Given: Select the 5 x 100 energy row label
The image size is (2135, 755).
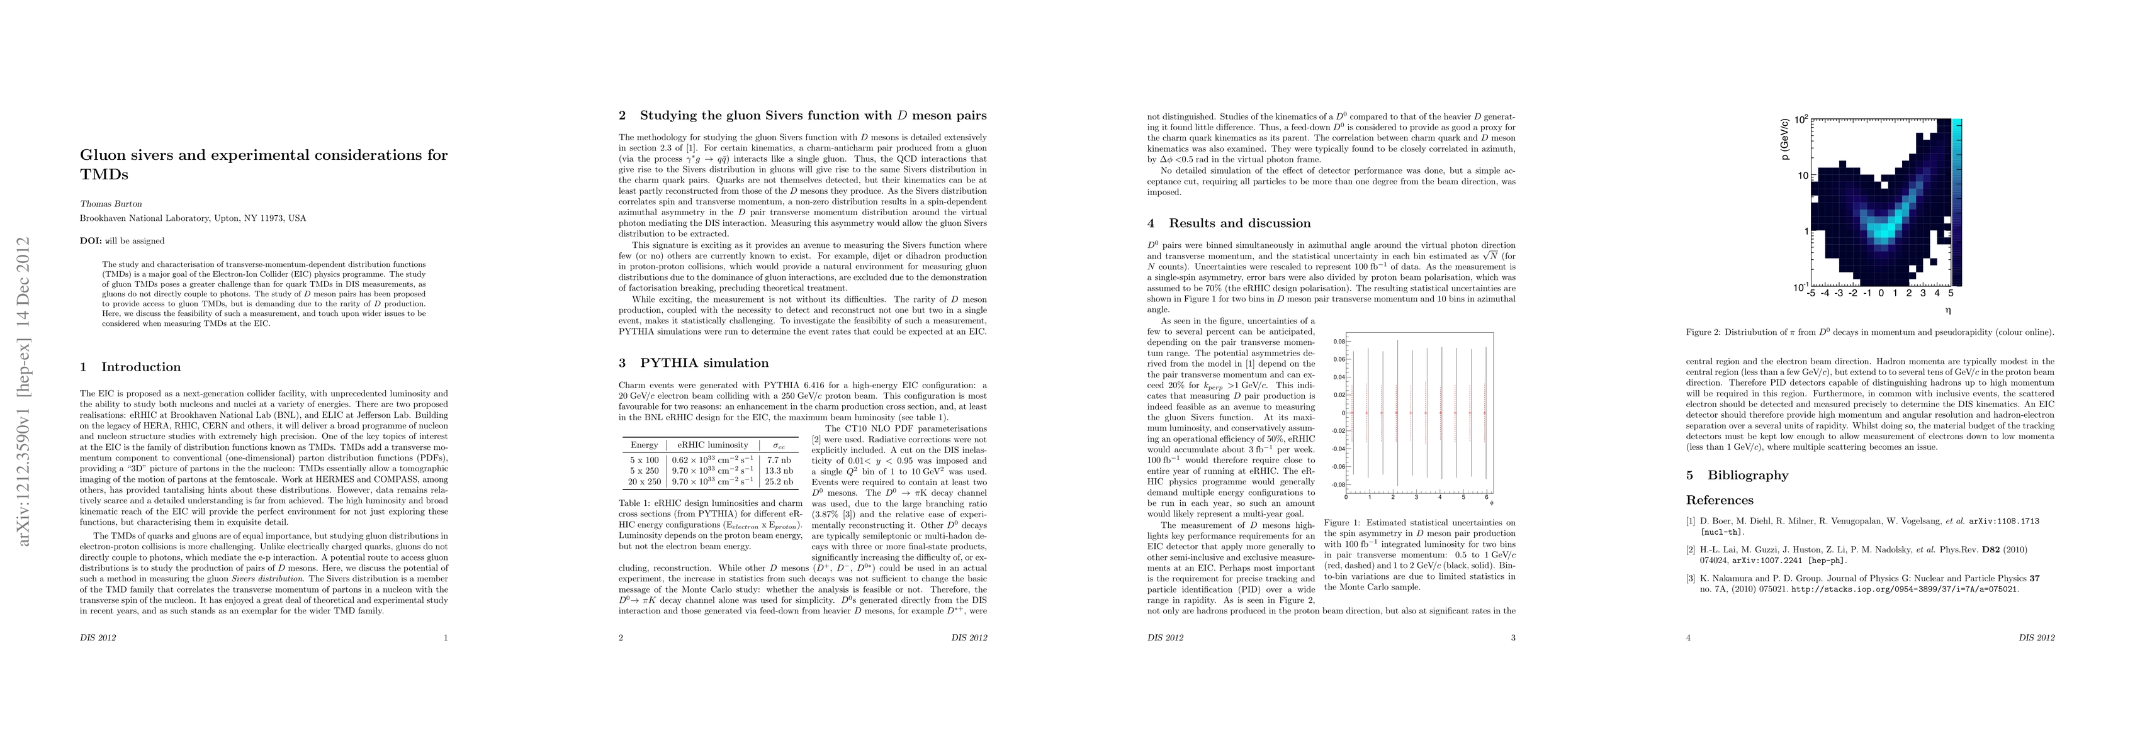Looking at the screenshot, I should click(644, 459).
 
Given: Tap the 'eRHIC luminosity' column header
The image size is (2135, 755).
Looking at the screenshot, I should click(712, 445).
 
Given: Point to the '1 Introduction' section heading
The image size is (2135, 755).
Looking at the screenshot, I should click(130, 367).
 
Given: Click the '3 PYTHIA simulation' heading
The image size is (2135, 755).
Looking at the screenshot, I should click(694, 363).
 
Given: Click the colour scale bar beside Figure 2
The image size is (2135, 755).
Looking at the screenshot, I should click(1957, 203).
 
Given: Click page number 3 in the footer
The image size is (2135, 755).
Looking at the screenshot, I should click(1513, 638).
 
